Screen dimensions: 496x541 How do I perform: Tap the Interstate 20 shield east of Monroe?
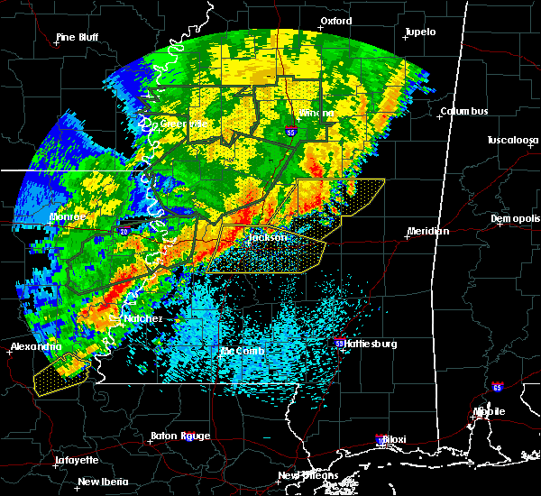[122, 231]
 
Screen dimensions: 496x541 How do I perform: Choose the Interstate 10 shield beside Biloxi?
[380, 439]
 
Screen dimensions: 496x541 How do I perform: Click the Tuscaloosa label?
[512, 141]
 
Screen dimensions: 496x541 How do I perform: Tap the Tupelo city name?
[419, 32]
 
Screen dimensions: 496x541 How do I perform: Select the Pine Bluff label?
[78, 37]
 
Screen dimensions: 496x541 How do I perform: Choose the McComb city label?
[242, 351]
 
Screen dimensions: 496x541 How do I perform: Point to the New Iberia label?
[101, 482]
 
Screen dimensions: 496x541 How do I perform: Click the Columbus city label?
[464, 111]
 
